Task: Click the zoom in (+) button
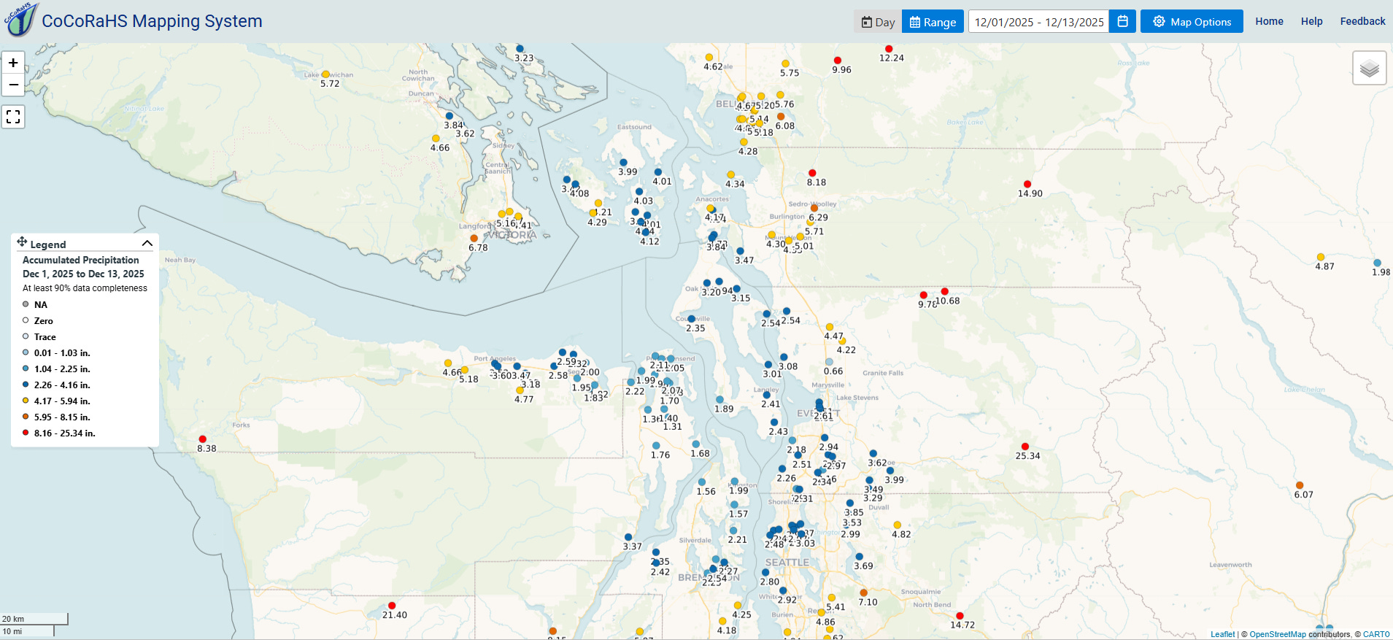[x=13, y=63]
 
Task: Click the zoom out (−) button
[x=13, y=85]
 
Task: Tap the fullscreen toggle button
[x=13, y=117]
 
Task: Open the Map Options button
[x=1192, y=22]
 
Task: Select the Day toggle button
[x=878, y=22]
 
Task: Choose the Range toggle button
[x=933, y=22]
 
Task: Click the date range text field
[x=1038, y=22]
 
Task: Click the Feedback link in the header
[x=1362, y=21]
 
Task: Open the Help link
[x=1311, y=21]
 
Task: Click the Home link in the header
[x=1269, y=21]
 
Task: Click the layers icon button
[x=1369, y=69]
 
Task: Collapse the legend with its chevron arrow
[x=147, y=244]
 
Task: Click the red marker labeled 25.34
[x=1025, y=447]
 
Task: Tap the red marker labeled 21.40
[x=392, y=606]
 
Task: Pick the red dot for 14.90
[x=1027, y=184]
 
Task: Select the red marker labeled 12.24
[x=889, y=49]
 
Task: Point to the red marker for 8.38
[x=202, y=439]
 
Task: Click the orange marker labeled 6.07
[x=1300, y=485]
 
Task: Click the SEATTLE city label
[x=787, y=563]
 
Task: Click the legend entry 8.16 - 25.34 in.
[x=64, y=433]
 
